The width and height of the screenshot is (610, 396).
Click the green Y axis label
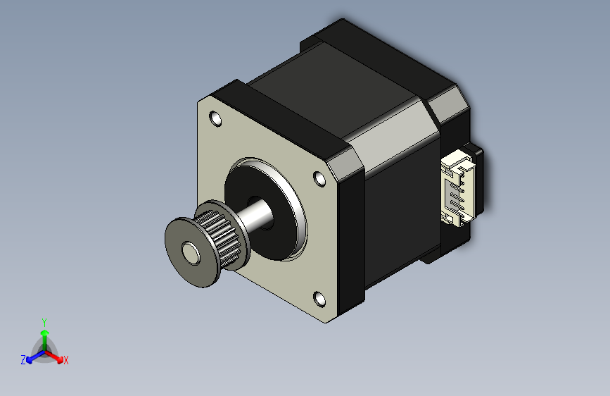(44, 323)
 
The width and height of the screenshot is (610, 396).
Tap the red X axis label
(65, 361)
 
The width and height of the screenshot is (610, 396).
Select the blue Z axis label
(23, 360)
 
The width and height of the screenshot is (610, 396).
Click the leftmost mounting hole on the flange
(215, 118)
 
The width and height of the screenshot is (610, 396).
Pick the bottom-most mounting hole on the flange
(319, 299)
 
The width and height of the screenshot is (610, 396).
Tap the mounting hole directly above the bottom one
(319, 179)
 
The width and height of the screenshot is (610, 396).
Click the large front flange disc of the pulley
(192, 252)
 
